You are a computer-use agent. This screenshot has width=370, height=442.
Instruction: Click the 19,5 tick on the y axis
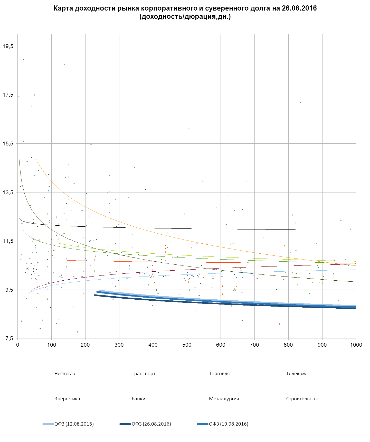8,46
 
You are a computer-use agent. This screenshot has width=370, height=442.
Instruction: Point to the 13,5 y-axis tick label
8,192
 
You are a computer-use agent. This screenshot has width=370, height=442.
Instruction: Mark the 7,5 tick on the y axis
8,339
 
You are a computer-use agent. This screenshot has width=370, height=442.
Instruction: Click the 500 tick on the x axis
187,345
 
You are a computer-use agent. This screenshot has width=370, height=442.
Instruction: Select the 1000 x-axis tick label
356,345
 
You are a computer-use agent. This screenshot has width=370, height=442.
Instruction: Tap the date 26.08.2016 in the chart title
299,8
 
